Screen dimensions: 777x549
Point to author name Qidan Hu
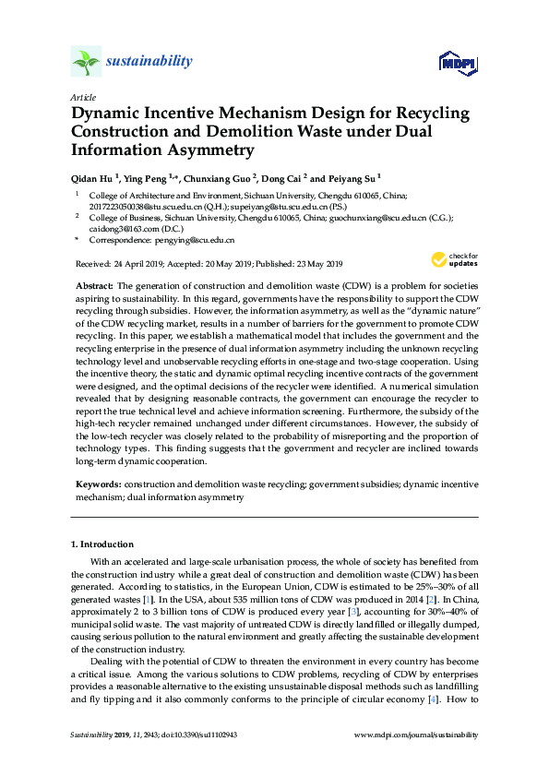(96, 177)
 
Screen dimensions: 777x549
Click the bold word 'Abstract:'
(93, 288)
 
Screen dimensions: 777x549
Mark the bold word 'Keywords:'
(97, 484)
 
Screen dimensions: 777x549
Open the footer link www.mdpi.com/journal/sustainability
(416, 760)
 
